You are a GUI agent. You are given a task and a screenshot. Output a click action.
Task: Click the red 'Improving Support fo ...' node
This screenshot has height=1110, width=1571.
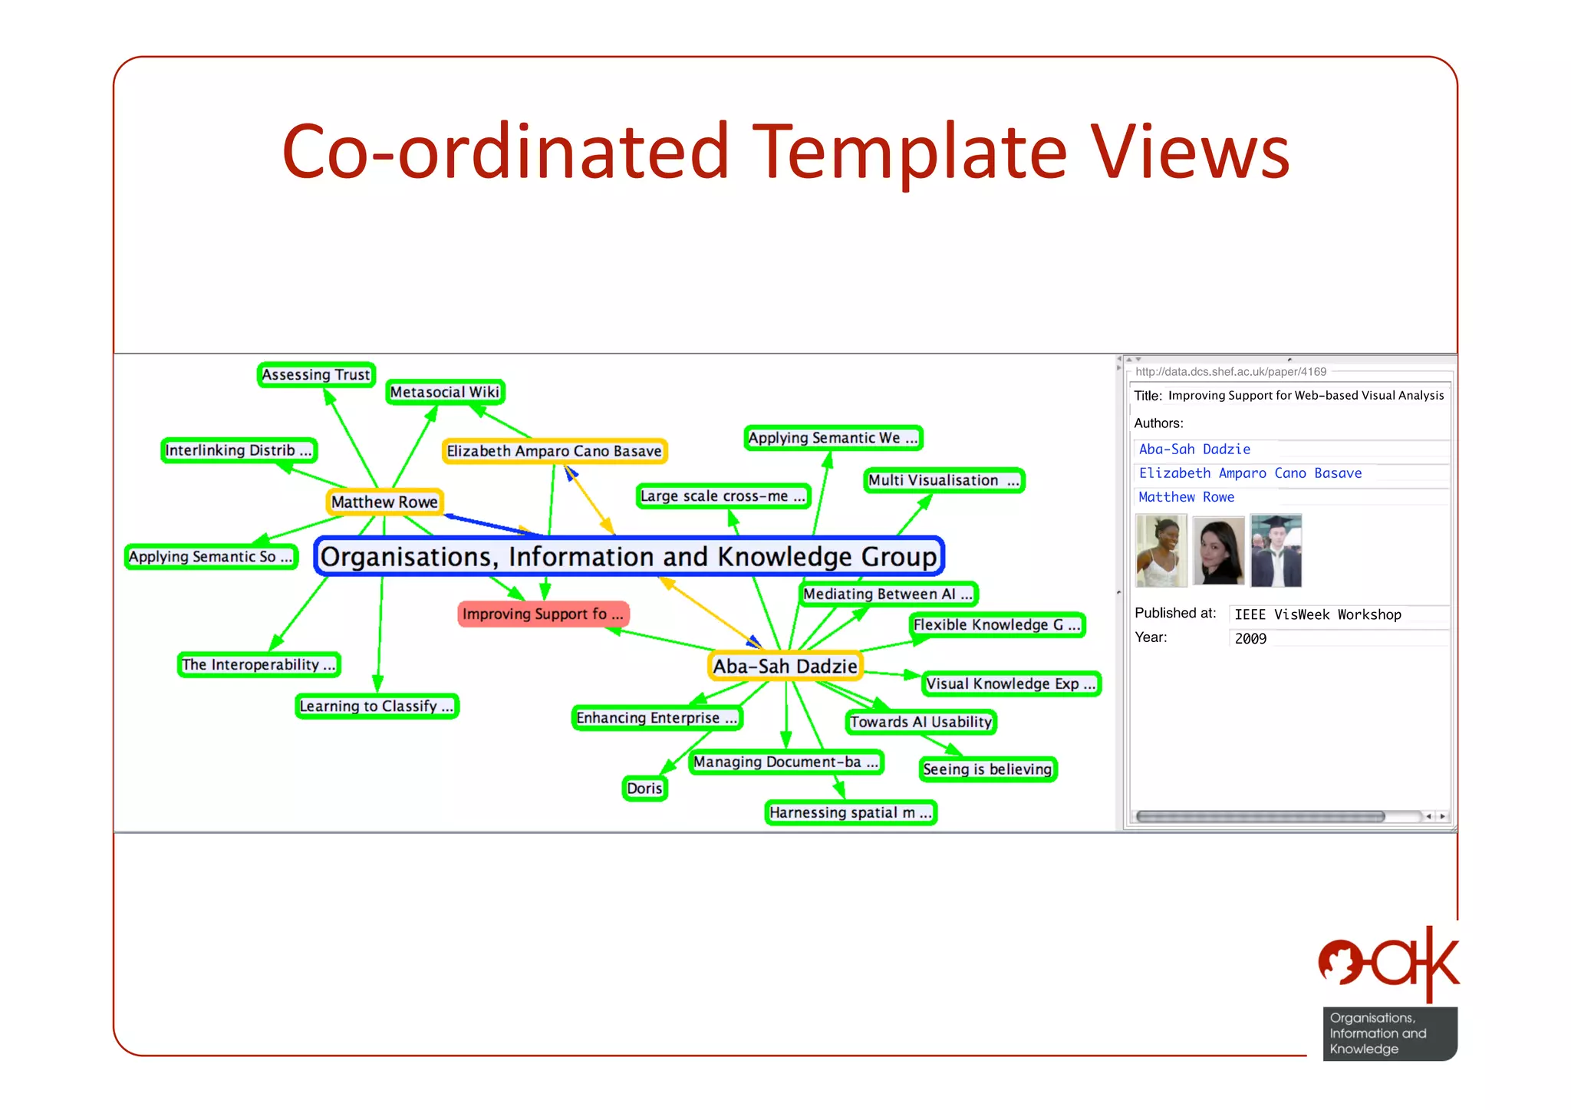pyautogui.click(x=543, y=614)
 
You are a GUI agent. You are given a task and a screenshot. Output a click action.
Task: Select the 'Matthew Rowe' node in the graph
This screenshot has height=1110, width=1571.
pyautogui.click(x=384, y=502)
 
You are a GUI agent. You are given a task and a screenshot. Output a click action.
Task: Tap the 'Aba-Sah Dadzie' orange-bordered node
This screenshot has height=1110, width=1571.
pyautogui.click(x=785, y=666)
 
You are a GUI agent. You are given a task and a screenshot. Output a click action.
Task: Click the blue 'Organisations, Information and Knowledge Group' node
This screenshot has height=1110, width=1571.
pyautogui.click(x=628, y=556)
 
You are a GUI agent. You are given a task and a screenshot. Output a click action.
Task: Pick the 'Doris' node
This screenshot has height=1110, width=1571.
pyautogui.click(x=644, y=788)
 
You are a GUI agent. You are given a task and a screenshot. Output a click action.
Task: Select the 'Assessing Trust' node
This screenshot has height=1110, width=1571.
pyautogui.click(x=316, y=374)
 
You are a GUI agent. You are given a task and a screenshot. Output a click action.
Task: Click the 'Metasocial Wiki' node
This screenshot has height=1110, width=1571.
pyautogui.click(x=445, y=392)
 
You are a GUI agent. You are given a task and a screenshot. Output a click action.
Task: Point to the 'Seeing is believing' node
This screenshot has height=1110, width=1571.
pyautogui.click(x=987, y=769)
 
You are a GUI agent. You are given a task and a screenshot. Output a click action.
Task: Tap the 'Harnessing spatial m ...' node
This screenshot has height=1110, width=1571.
pyautogui.click(x=850, y=812)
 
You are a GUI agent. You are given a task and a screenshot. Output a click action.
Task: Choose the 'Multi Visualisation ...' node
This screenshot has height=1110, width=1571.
pyautogui.click(x=944, y=480)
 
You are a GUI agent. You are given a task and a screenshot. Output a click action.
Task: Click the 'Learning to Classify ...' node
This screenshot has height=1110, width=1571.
pyautogui.click(x=377, y=706)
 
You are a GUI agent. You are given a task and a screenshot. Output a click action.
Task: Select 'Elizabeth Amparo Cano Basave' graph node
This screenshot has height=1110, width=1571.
pyautogui.click(x=554, y=451)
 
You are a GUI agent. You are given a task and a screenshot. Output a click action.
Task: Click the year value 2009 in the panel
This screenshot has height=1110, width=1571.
pyautogui.click(x=1250, y=638)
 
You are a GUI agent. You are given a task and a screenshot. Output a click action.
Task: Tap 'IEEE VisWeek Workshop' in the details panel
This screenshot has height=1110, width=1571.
pyautogui.click(x=1317, y=614)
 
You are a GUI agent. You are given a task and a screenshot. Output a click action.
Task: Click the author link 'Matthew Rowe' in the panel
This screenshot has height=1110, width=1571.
pyautogui.click(x=1186, y=497)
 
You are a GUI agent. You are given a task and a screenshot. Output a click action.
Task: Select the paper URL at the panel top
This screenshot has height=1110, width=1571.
pyautogui.click(x=1230, y=372)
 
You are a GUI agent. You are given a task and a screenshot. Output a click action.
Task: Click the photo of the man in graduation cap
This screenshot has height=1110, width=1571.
pyautogui.click(x=1276, y=551)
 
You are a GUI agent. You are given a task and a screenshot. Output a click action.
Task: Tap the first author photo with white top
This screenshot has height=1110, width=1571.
pyautogui.click(x=1161, y=551)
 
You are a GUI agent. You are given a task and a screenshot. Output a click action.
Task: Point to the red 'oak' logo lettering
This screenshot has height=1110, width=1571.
pyautogui.click(x=1388, y=963)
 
